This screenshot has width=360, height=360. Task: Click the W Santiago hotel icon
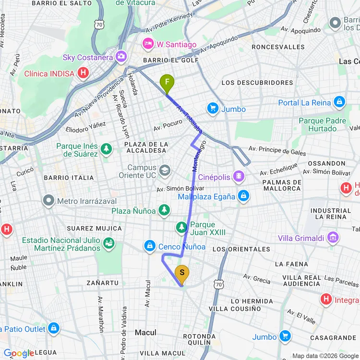(148, 44)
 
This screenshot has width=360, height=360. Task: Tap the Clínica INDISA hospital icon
(84, 73)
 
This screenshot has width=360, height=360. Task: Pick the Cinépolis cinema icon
(238, 177)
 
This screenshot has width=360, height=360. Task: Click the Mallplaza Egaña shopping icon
(244, 195)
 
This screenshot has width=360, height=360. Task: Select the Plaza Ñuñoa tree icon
(164, 210)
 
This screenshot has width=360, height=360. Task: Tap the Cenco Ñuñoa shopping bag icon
(150, 246)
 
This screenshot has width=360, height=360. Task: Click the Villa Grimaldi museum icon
(332, 237)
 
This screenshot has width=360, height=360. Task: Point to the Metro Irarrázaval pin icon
(48, 200)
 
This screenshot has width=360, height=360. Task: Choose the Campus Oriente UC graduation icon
(165, 170)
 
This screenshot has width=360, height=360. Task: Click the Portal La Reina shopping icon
(339, 102)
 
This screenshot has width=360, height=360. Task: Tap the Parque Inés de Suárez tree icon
(106, 150)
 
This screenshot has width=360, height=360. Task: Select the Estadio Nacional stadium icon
(109, 243)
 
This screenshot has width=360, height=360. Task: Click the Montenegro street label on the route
(199, 157)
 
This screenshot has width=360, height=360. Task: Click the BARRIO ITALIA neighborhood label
(69, 178)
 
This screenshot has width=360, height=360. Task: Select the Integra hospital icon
(326, 300)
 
